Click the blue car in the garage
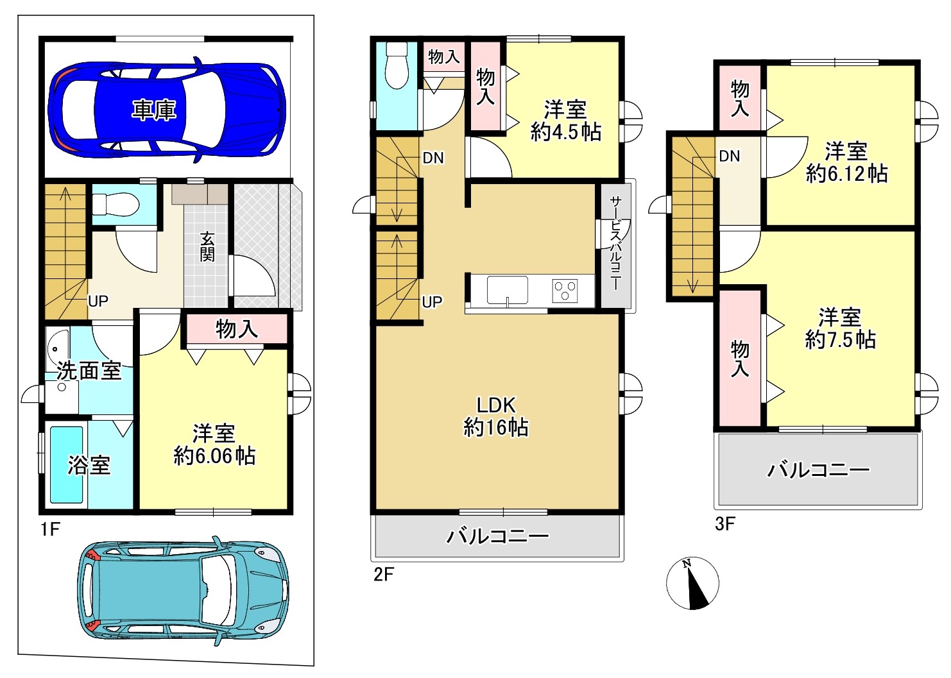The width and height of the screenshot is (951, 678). click(167, 110)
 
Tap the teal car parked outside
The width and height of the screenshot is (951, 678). click(183, 590)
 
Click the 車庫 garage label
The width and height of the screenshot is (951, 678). click(154, 110)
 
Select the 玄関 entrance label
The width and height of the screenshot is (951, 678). click(207, 247)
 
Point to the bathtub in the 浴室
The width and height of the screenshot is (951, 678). click(67, 464)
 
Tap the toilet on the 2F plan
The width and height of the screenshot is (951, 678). click(397, 66)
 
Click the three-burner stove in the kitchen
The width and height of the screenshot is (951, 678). click(565, 291)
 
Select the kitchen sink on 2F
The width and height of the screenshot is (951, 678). click(508, 290)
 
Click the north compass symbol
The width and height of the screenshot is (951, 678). click(692, 583)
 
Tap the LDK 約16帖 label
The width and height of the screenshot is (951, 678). click(496, 416)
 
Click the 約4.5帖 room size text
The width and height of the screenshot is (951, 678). click(566, 132)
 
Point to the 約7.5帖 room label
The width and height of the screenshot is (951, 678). click(841, 340)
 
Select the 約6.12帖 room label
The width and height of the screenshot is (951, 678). click(846, 174)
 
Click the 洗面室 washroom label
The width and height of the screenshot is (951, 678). click(89, 371)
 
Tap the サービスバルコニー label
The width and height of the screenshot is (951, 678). click(615, 243)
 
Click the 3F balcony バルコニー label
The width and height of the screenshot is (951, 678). click(819, 470)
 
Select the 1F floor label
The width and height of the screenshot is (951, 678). click(50, 529)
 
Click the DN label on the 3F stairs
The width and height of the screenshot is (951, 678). click(730, 156)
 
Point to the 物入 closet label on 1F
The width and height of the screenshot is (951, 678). click(237, 329)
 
